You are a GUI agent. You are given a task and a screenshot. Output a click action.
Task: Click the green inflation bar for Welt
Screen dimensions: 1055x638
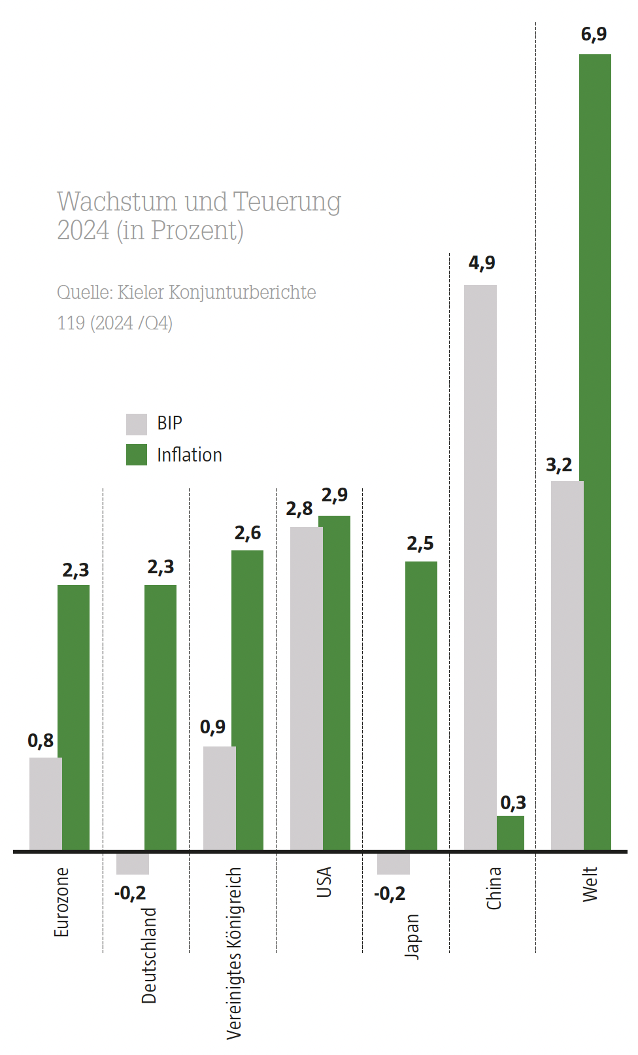pyautogui.click(x=595, y=451)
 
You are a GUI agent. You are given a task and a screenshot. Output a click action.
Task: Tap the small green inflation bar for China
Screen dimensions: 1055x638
pyautogui.click(x=511, y=833)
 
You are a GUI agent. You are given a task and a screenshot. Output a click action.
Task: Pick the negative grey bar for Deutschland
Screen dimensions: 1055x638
pyautogui.click(x=133, y=863)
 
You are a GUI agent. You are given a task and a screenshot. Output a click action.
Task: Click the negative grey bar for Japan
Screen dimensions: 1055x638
pyautogui.click(x=394, y=863)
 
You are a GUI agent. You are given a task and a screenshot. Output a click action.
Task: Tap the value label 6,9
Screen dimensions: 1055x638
pyautogui.click(x=594, y=34)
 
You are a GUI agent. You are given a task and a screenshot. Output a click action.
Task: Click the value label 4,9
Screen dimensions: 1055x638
pyautogui.click(x=482, y=263)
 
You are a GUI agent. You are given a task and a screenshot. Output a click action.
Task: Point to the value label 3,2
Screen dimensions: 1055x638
pyautogui.click(x=559, y=465)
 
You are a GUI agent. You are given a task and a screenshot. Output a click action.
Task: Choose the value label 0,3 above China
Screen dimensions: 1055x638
pyautogui.click(x=513, y=803)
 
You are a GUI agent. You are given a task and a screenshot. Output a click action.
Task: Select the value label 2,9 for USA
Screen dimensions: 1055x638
pyautogui.click(x=335, y=495)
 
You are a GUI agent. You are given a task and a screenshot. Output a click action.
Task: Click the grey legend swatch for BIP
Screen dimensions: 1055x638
pyautogui.click(x=137, y=424)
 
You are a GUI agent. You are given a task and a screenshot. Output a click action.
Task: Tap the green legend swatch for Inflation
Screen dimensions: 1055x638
pyautogui.click(x=137, y=455)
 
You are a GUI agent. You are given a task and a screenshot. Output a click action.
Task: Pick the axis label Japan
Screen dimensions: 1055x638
pyautogui.click(x=412, y=936)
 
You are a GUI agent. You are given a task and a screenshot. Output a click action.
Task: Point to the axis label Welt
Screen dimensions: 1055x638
pyautogui.click(x=590, y=884)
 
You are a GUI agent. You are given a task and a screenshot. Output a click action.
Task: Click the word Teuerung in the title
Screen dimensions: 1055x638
pyautogui.click(x=287, y=202)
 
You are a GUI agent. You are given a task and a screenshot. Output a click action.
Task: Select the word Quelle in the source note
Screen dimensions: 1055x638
pyautogui.click(x=84, y=292)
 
